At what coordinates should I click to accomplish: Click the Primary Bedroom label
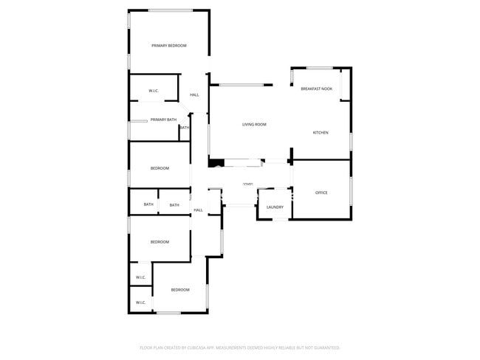pyautogui.click(x=168, y=46)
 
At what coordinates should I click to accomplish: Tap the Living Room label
pyautogui.click(x=254, y=125)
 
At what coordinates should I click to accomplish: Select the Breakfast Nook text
pyautogui.click(x=316, y=89)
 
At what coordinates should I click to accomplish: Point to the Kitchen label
pyautogui.click(x=320, y=133)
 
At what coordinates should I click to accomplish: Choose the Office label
pyautogui.click(x=321, y=193)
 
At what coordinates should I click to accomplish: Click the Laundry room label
pyautogui.click(x=275, y=207)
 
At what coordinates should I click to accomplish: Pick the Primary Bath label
pyautogui.click(x=163, y=120)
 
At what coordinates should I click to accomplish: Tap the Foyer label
pyautogui.click(x=248, y=184)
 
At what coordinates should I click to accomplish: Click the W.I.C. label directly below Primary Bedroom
pyautogui.click(x=154, y=91)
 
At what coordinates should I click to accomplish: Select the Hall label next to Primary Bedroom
pyautogui.click(x=194, y=95)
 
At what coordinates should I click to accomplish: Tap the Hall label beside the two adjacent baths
pyautogui.click(x=198, y=210)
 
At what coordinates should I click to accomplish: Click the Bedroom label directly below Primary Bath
pyautogui.click(x=160, y=169)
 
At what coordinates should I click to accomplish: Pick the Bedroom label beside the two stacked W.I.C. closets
pyautogui.click(x=180, y=290)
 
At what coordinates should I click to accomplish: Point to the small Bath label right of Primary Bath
pyautogui.click(x=185, y=128)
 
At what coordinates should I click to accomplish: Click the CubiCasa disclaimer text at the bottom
pyautogui.click(x=239, y=347)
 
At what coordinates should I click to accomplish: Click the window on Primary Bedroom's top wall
pyautogui.click(x=171, y=10)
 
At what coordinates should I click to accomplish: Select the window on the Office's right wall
pyautogui.click(x=351, y=190)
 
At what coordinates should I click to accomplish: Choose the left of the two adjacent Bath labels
pyautogui.click(x=148, y=205)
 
